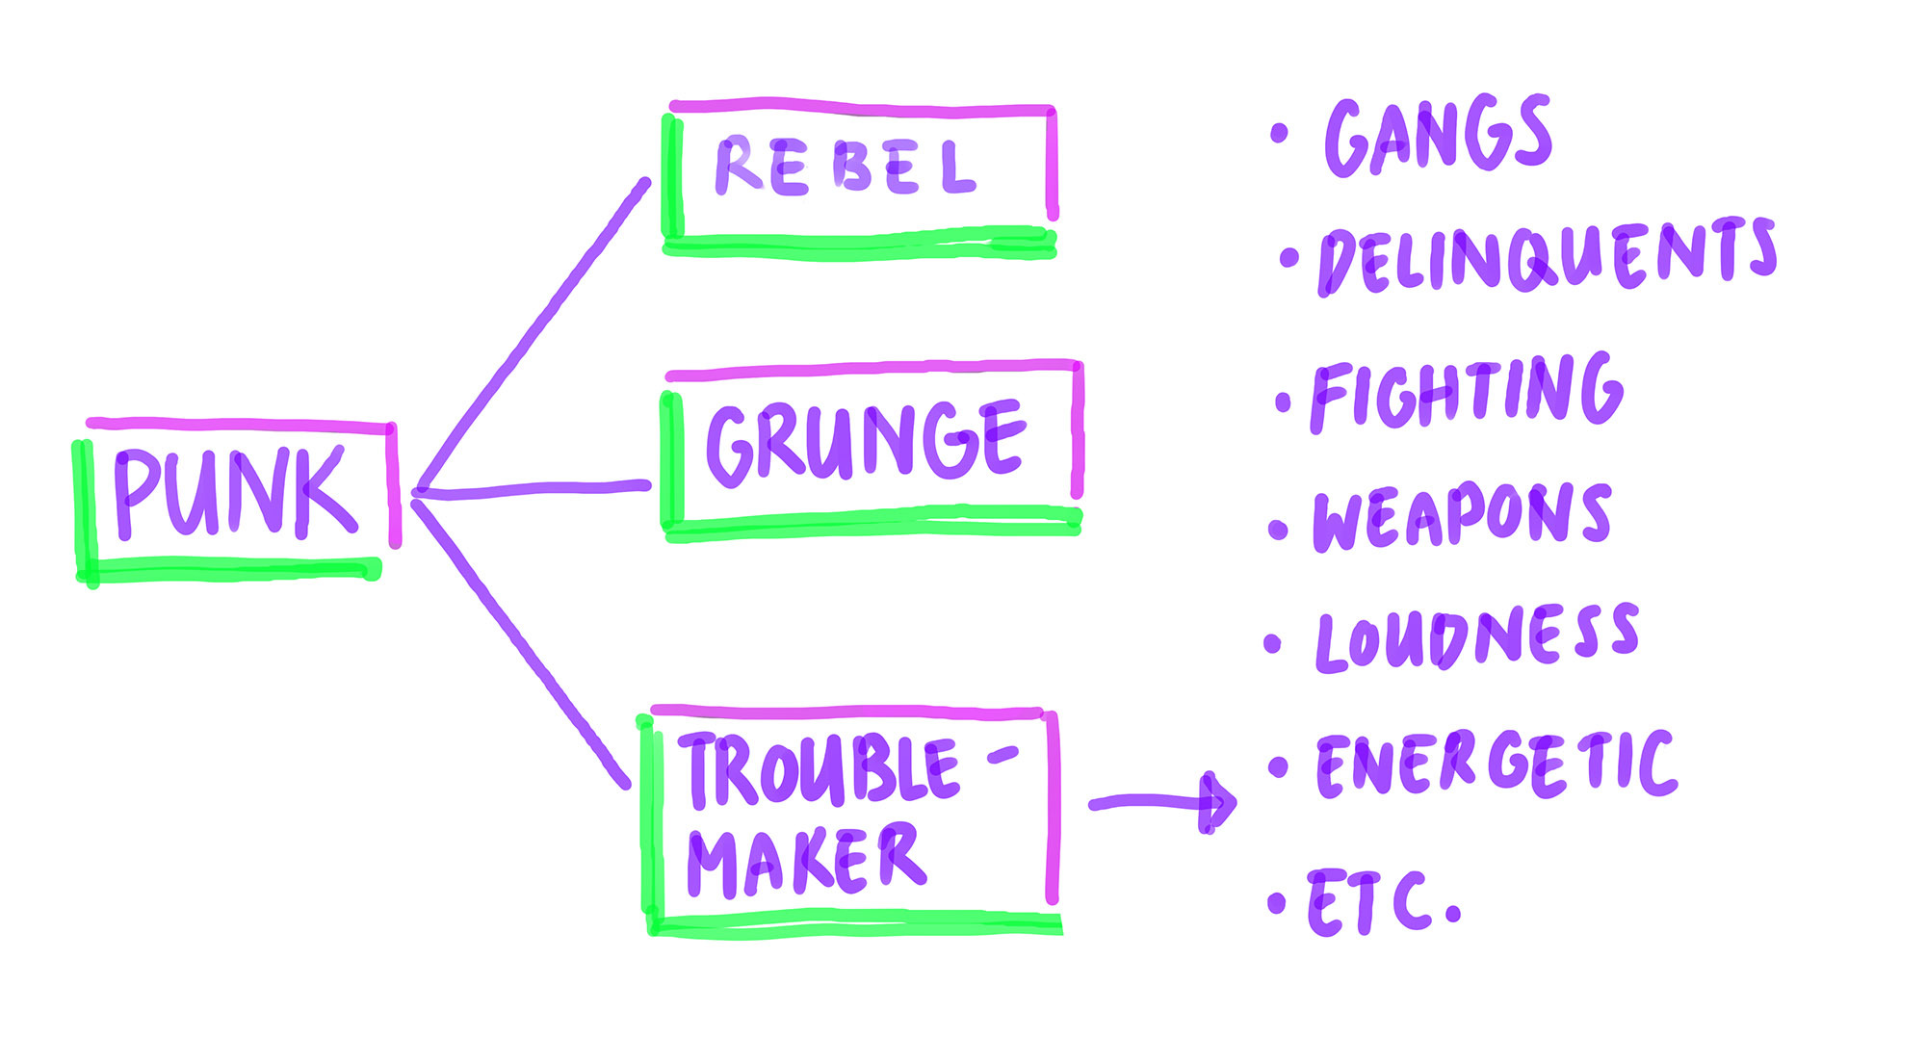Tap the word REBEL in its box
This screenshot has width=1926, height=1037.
[x=846, y=168]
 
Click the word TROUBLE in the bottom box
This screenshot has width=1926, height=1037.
[x=823, y=769]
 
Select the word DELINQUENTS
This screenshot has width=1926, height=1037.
[x=1547, y=255]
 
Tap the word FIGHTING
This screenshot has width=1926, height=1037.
[x=1467, y=392]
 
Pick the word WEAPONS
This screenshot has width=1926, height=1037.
[x=1462, y=517]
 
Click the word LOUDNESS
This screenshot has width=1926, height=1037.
[x=1476, y=637]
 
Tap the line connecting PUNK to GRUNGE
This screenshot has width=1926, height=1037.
[x=535, y=490]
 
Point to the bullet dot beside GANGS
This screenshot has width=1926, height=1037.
[x=1279, y=134]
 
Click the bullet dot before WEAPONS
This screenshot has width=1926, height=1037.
[x=1278, y=529]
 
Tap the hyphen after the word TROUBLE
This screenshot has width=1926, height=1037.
[x=1002, y=755]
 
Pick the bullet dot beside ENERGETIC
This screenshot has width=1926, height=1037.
[x=1278, y=766]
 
